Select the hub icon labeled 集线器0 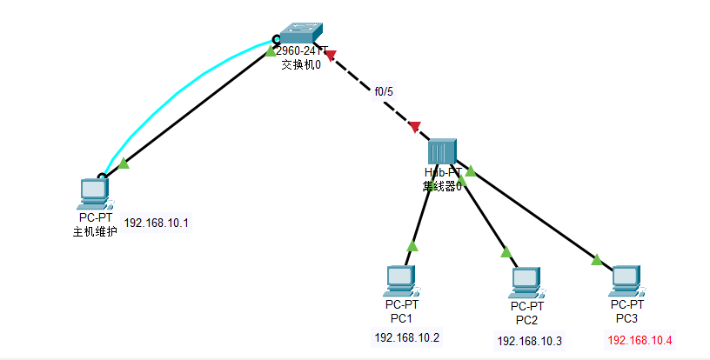442,151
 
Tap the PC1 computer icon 400,280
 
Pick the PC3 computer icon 626,280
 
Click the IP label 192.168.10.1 157,223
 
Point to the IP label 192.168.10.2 407,337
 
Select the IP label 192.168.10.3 530,341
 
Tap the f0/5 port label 384,90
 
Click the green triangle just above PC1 412,246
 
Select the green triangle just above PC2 506,252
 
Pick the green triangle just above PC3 597,258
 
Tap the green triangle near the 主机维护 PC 124,163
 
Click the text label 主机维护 95,231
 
